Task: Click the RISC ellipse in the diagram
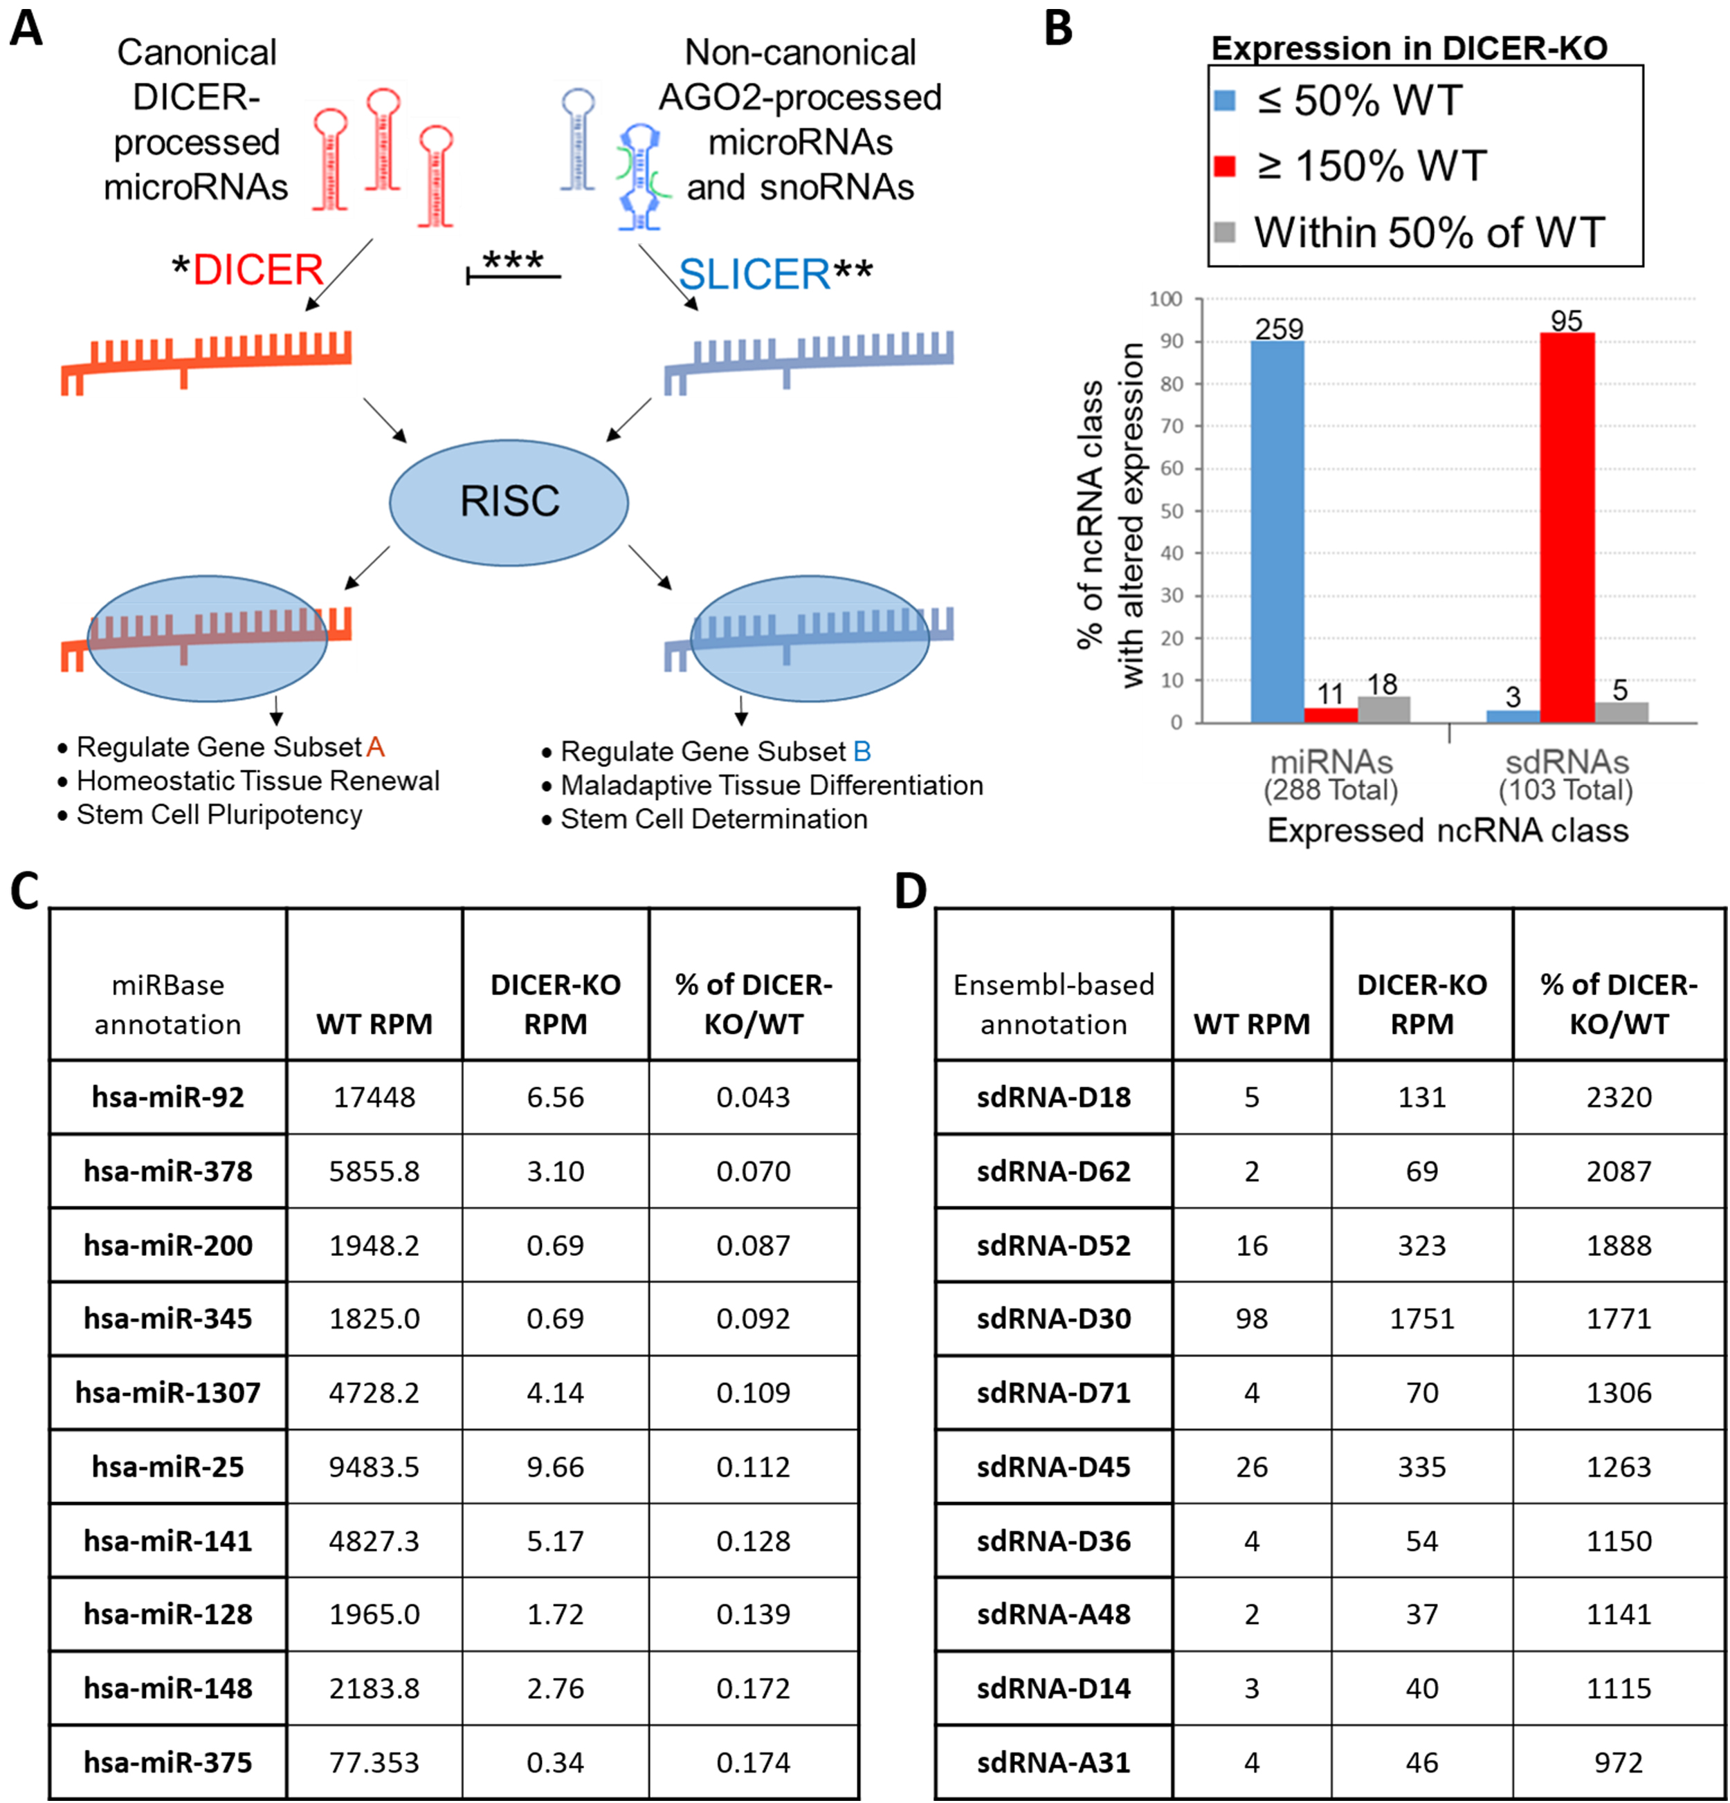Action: (509, 502)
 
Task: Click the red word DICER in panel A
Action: (259, 270)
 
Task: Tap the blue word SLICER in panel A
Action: (754, 274)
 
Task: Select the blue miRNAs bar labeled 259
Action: (1277, 532)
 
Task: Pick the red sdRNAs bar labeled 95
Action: (1567, 528)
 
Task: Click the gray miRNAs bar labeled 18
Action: (1384, 710)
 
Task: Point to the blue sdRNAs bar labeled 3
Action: (1514, 716)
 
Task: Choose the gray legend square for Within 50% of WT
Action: (1225, 232)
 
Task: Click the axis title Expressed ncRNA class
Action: (1448, 830)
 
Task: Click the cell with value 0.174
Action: (754, 1762)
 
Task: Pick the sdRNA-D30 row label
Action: (1054, 1318)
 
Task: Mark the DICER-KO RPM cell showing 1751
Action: (1422, 1318)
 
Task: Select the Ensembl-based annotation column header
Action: (1054, 1004)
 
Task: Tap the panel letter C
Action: (25, 891)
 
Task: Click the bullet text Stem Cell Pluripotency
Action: (219, 815)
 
